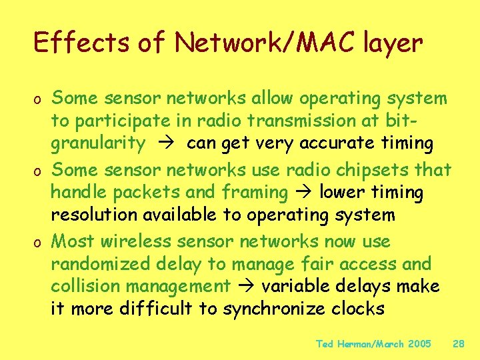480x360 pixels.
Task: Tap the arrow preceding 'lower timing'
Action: tap(304, 193)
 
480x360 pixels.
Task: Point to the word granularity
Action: tap(98, 143)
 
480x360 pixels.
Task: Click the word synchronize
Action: tap(279, 309)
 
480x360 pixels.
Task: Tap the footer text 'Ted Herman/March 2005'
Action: tap(373, 344)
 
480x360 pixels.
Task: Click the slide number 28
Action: tap(459, 344)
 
